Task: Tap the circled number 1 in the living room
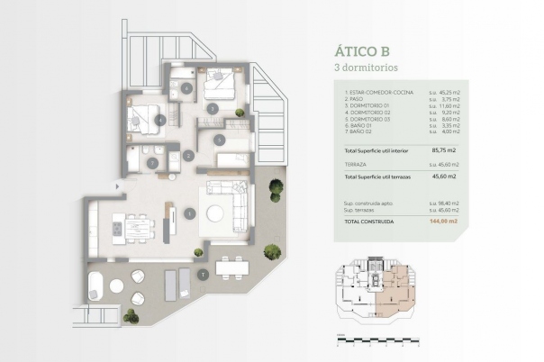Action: [x=189, y=213]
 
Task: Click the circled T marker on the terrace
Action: [x=204, y=273]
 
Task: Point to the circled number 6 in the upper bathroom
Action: [x=186, y=88]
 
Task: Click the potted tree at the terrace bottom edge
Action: [x=131, y=315]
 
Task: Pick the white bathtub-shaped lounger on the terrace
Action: [x=95, y=287]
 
